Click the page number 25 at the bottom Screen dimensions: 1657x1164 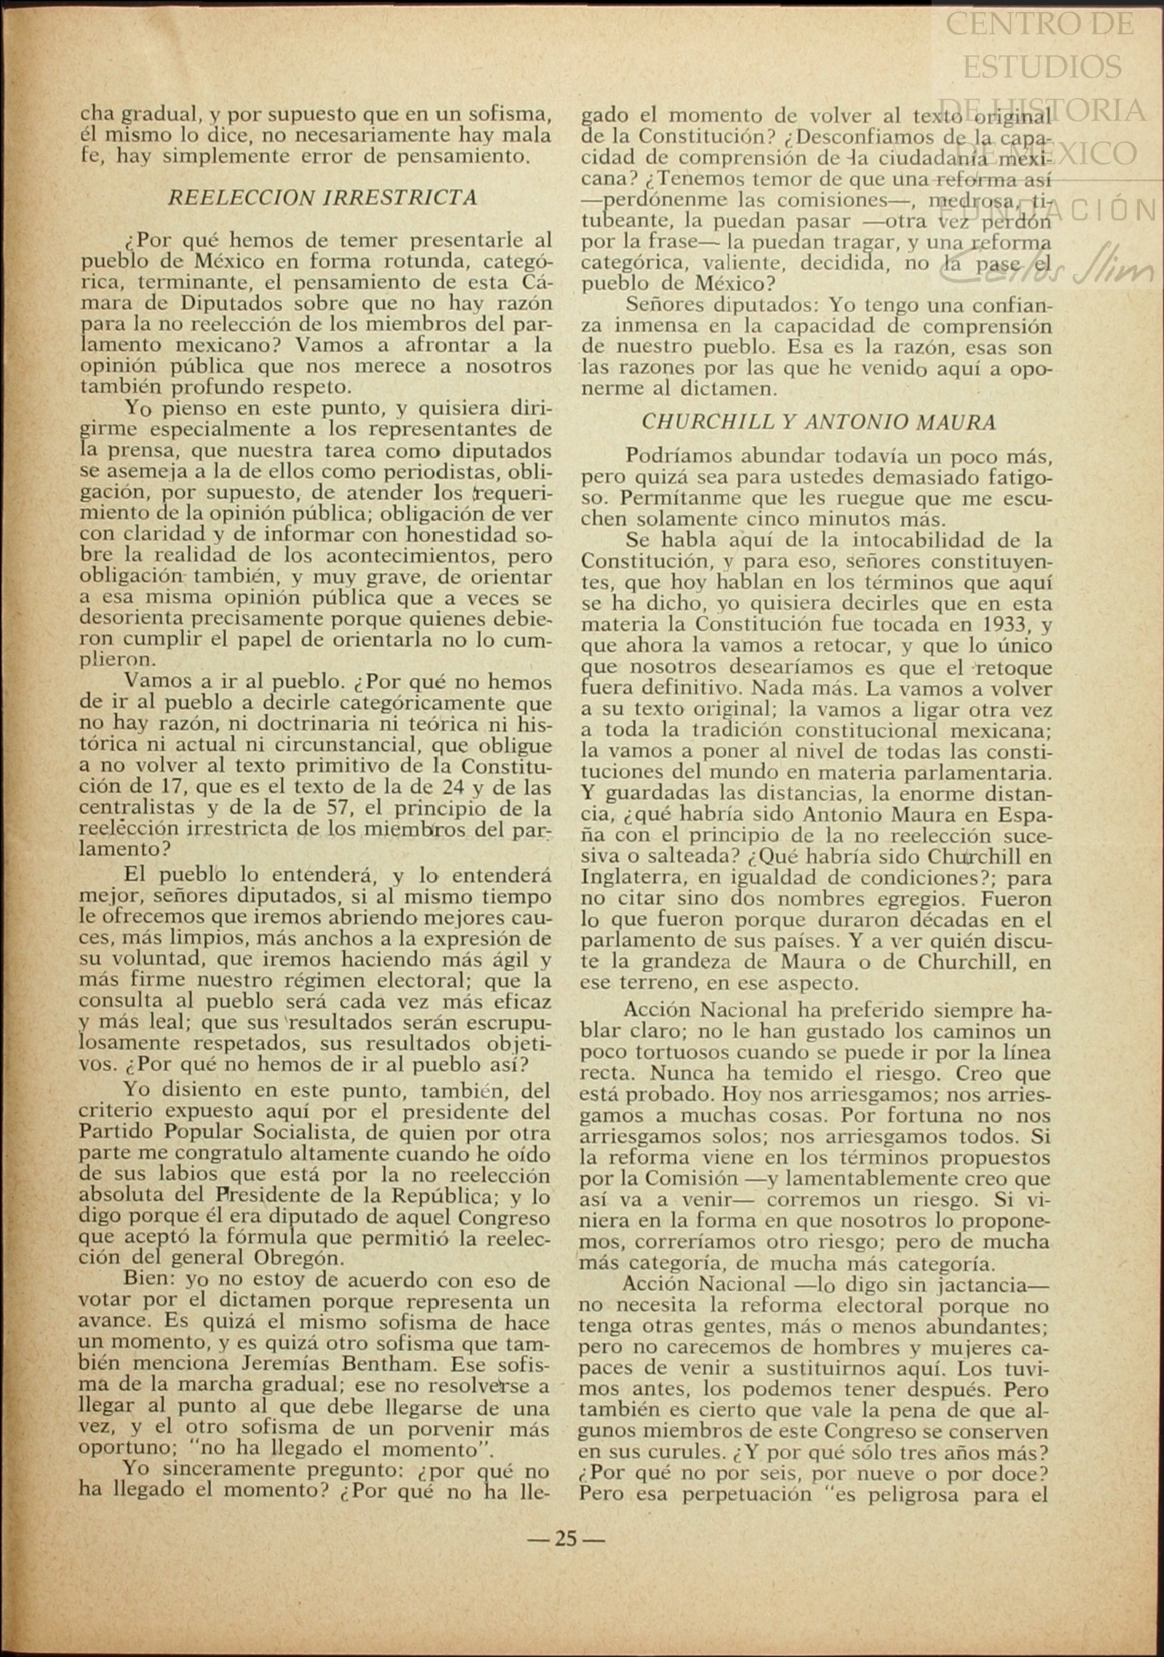566,1538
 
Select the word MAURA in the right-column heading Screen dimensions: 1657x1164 958,422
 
